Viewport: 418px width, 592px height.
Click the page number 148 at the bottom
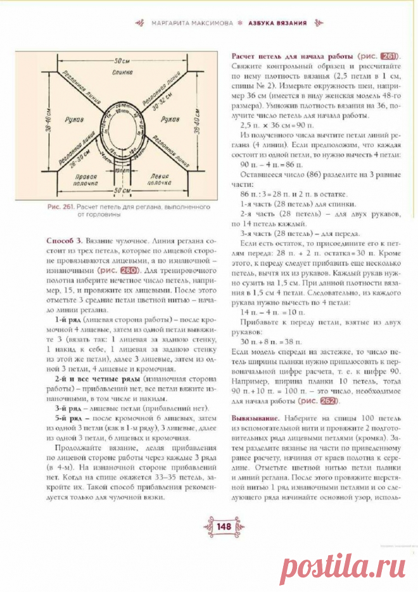pos(208,526)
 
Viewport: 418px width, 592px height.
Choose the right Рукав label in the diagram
pos(170,119)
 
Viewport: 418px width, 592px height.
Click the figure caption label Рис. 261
pos(61,207)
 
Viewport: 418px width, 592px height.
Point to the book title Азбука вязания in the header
pos(276,23)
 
